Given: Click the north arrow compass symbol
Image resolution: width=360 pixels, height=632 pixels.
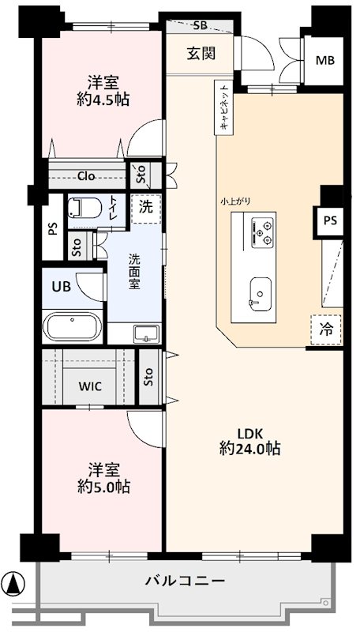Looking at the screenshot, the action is pyautogui.click(x=13, y=583).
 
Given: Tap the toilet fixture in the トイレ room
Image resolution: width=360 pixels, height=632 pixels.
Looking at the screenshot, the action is pyautogui.click(x=85, y=208).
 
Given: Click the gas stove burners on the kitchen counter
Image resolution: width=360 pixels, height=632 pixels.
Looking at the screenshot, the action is pyautogui.click(x=262, y=232).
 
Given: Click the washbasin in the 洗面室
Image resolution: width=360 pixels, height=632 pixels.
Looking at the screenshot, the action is pyautogui.click(x=147, y=334).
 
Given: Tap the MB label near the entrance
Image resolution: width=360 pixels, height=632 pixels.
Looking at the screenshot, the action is pyautogui.click(x=325, y=61).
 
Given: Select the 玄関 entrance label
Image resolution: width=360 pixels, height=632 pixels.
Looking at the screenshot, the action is pyautogui.click(x=201, y=53).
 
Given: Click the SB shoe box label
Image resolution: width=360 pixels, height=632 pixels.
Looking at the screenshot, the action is pyautogui.click(x=201, y=26).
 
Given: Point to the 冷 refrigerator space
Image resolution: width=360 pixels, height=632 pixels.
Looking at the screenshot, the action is pyautogui.click(x=326, y=330).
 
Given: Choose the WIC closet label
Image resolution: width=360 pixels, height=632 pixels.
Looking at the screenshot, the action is pyautogui.click(x=90, y=386).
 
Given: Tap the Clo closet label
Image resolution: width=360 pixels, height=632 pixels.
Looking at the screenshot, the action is pyautogui.click(x=86, y=175).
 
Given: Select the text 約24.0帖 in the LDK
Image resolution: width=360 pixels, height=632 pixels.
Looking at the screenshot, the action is pyautogui.click(x=250, y=448).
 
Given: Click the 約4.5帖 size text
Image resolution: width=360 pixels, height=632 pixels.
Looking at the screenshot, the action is pyautogui.click(x=103, y=100).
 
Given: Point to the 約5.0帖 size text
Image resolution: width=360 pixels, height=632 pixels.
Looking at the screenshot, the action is pyautogui.click(x=103, y=487).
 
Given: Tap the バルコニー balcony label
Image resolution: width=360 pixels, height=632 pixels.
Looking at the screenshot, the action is pyautogui.click(x=185, y=581).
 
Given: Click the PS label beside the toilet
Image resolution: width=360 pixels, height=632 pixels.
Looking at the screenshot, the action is pyautogui.click(x=53, y=229).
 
